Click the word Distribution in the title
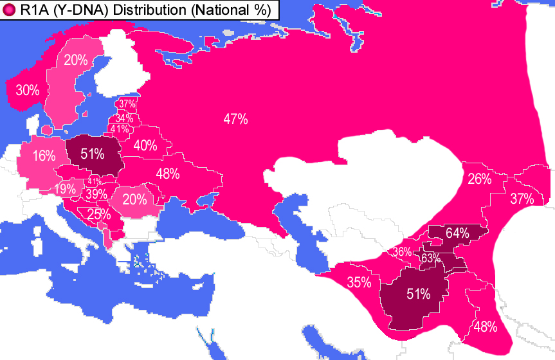[x=145, y=10]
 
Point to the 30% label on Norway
[x=28, y=91]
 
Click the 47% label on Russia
[x=235, y=119]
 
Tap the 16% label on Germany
[x=44, y=156]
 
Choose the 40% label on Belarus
[x=145, y=146]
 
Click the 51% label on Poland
[x=94, y=154]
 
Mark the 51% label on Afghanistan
[x=418, y=294]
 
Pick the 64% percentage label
[x=457, y=233]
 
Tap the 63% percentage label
[x=430, y=258]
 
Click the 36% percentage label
[x=402, y=252]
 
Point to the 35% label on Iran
[x=359, y=282]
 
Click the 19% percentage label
[x=65, y=189]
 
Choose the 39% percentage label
[x=96, y=194]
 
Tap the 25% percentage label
[x=98, y=215]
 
